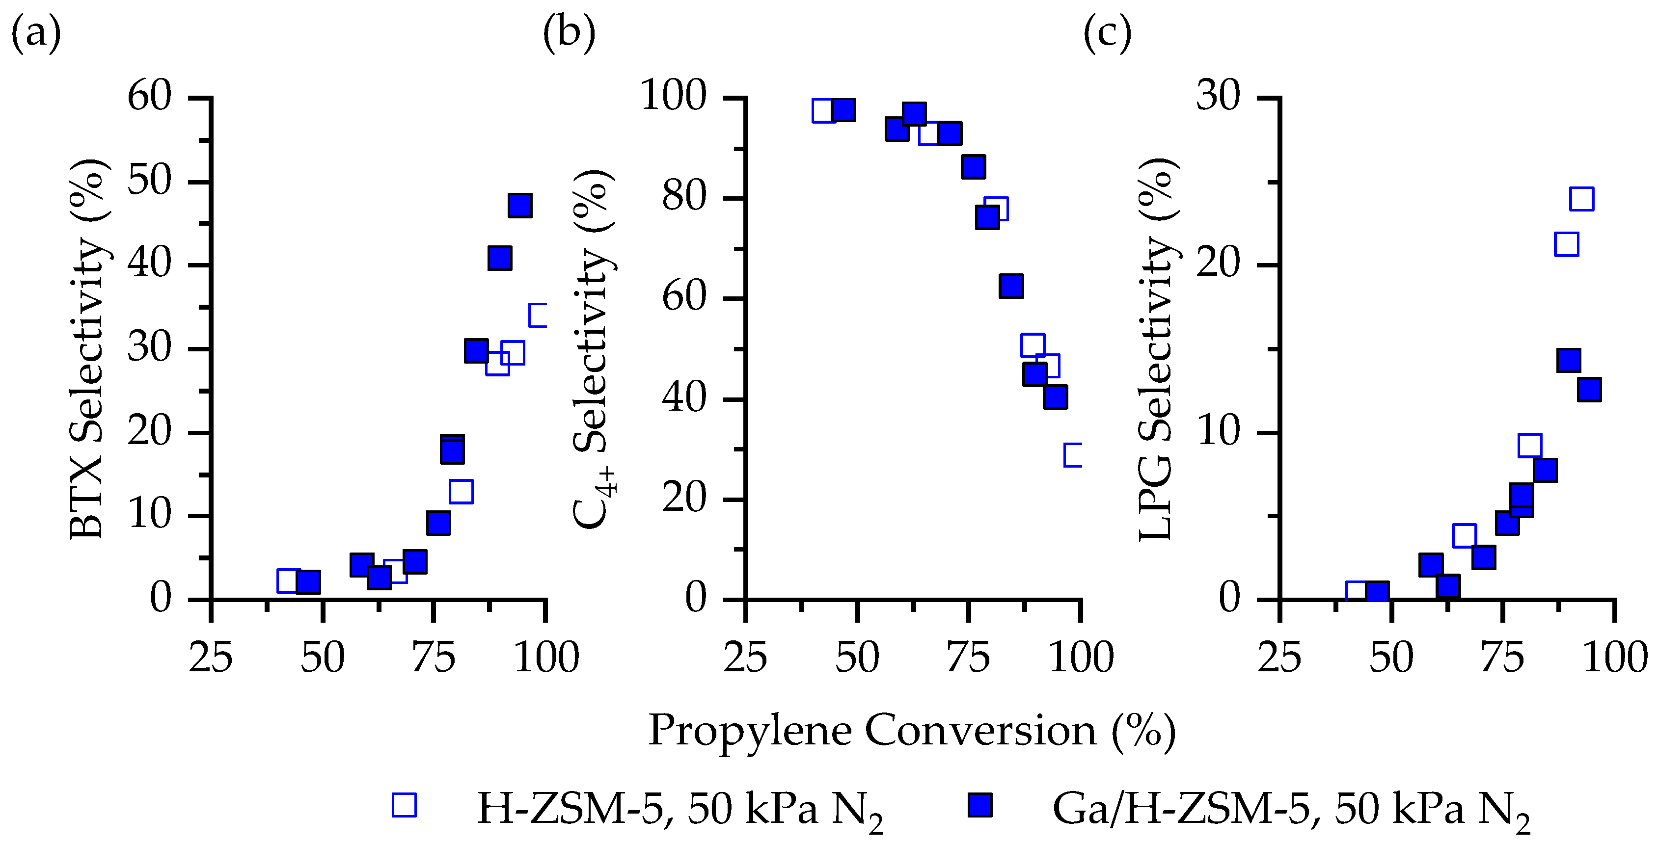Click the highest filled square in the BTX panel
(520, 205)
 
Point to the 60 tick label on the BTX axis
(149, 97)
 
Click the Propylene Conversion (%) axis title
(911, 731)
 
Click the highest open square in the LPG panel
(1581, 199)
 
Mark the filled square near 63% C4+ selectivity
(1011, 286)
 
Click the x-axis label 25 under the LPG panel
(1279, 658)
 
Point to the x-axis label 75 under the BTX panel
(435, 658)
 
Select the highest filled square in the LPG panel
(1569, 360)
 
